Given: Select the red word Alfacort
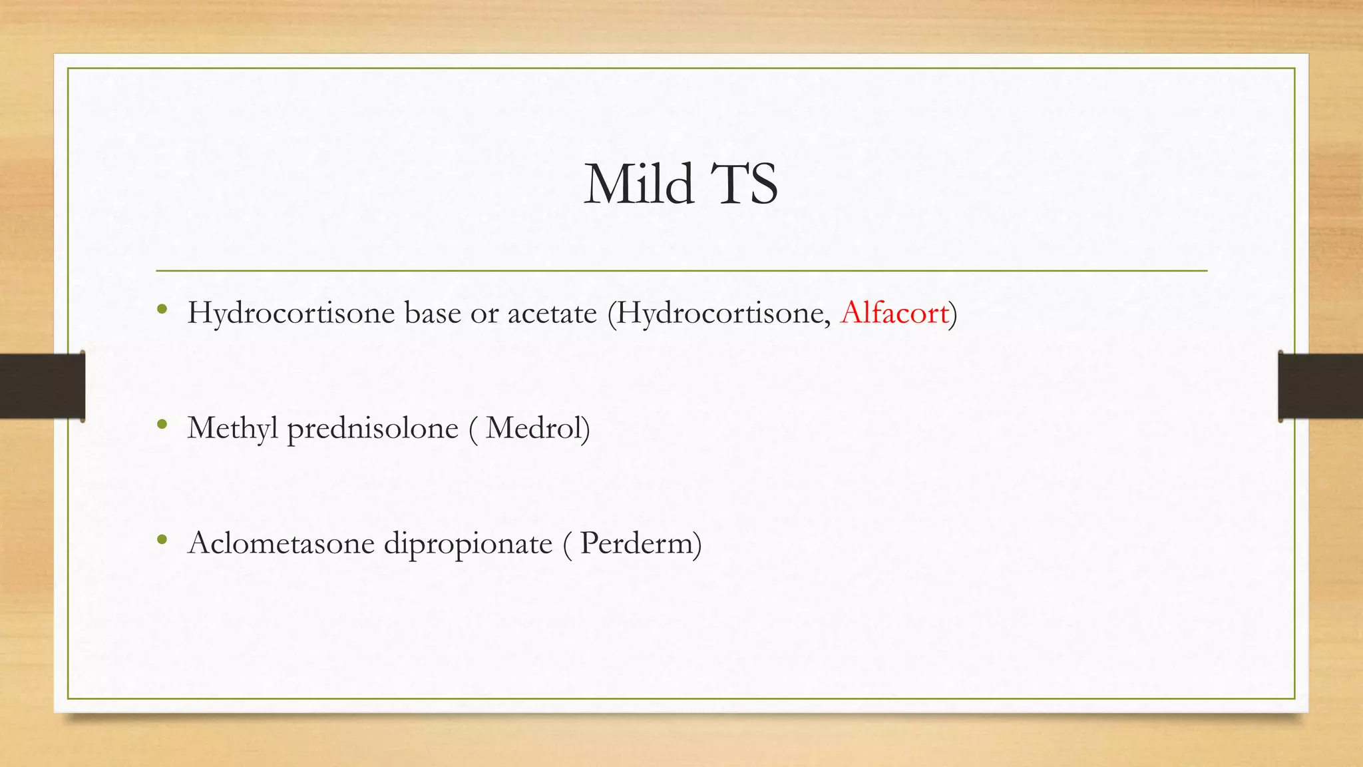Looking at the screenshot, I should pos(894,313).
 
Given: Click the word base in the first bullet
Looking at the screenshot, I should pos(433,313).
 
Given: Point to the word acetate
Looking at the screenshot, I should pos(552,313).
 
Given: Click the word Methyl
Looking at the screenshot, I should pos(232,428).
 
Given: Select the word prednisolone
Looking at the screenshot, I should pos(373,428).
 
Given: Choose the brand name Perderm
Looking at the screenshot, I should pos(636,543).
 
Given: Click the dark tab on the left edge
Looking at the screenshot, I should pos(42,386).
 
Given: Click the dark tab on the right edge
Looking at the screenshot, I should pos(1320,386).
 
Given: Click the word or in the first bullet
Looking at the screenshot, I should pos(484,313).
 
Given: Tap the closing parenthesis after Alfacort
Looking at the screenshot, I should pos(953,313).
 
